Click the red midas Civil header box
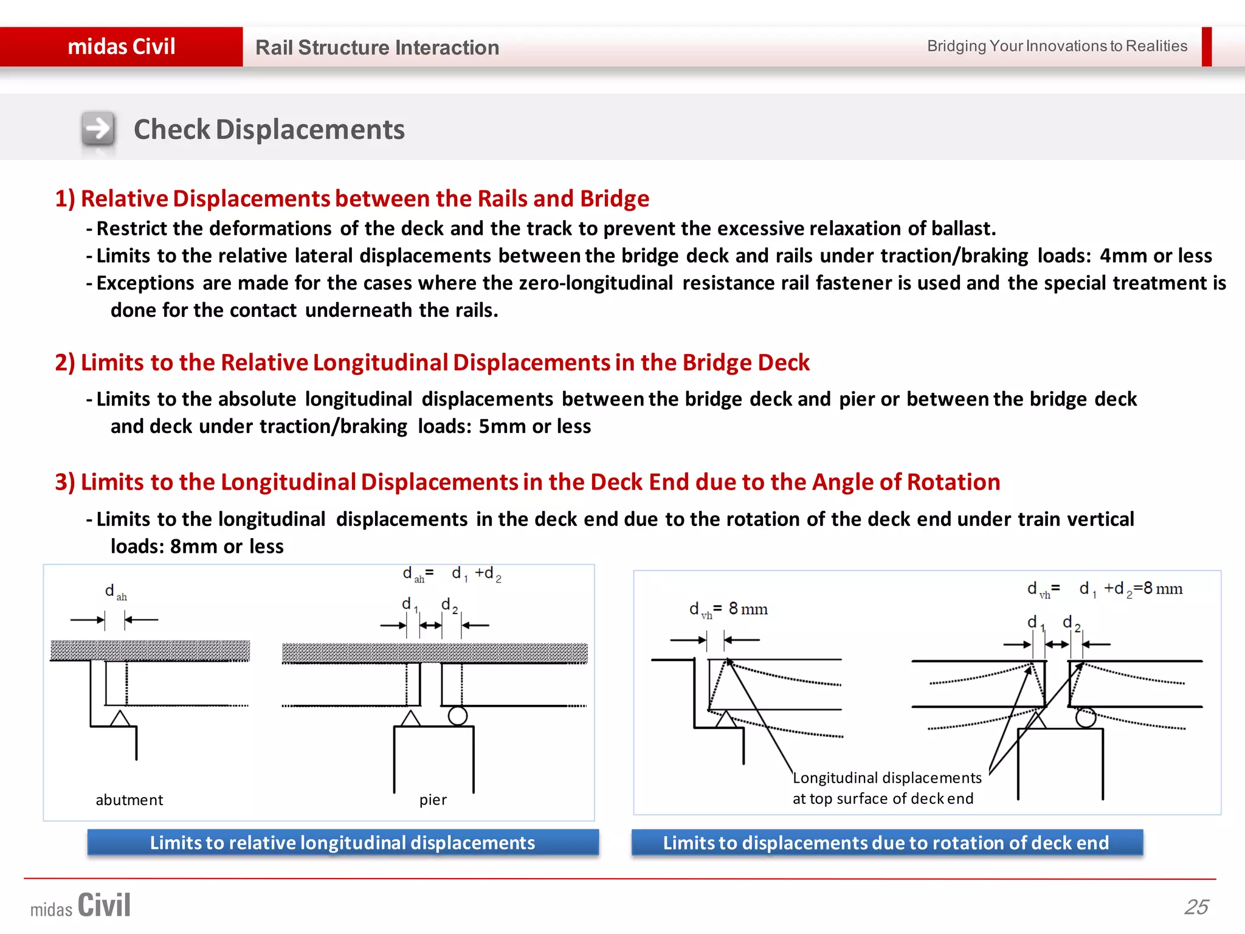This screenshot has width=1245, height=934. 121,47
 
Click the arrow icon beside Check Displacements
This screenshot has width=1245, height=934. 98,129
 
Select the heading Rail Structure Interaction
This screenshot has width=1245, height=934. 377,47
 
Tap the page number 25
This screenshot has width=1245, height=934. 1196,907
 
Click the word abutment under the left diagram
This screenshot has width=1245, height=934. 129,800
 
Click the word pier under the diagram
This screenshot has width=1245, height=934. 433,800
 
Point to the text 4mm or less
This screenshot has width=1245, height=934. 1156,255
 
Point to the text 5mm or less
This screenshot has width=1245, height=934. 534,426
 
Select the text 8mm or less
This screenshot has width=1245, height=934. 227,546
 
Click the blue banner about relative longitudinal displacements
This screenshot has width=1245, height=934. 342,843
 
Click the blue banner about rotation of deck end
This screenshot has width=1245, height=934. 886,843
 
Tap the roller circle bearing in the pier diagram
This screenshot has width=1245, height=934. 458,716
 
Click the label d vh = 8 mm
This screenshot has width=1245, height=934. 728,609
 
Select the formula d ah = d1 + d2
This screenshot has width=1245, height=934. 452,574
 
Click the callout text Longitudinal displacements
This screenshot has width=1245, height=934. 887,778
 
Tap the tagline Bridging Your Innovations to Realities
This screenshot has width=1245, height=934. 1057,46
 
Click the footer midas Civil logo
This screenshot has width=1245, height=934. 81,905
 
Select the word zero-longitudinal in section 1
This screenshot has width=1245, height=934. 596,283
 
